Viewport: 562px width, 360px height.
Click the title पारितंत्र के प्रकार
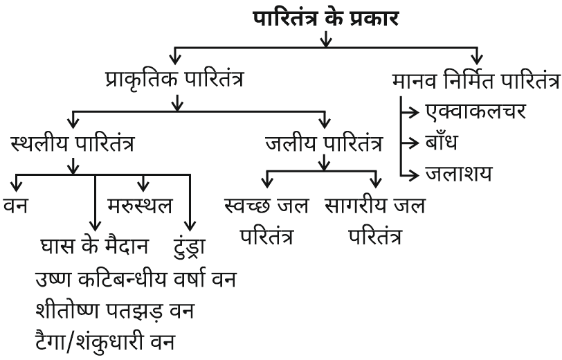tap(325, 17)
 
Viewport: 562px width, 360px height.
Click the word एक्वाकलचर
tap(475, 111)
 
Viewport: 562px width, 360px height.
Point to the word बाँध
tap(443, 142)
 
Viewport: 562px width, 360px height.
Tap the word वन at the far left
tap(15, 206)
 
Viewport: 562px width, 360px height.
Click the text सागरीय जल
tap(374, 206)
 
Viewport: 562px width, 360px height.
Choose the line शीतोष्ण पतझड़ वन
tap(114, 311)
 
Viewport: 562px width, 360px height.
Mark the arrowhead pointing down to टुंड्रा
tap(188, 226)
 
